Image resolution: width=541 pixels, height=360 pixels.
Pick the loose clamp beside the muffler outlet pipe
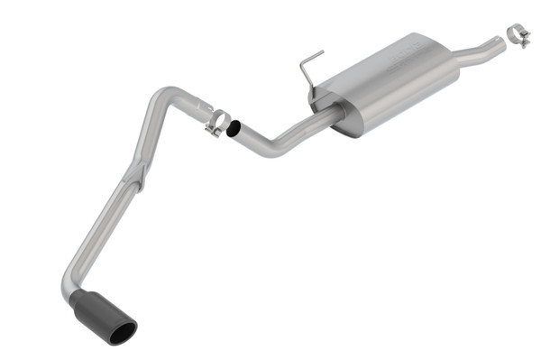click(518, 35)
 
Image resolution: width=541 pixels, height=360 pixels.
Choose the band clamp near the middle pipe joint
click(217, 121)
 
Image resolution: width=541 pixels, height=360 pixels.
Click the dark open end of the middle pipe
click(233, 130)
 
